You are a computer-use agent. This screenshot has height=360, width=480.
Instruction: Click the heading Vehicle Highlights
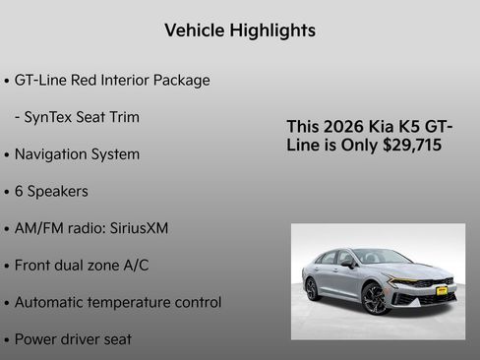(240, 30)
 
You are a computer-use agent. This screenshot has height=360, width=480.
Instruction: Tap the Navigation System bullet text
(77, 154)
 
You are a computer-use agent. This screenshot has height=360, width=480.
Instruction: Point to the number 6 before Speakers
(19, 191)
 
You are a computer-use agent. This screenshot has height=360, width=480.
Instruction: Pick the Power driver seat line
(73, 339)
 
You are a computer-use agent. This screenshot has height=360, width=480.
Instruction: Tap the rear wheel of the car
(313, 288)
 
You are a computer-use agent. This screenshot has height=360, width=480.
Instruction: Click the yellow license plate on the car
(442, 291)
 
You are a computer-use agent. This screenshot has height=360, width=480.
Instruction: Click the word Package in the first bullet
(180, 80)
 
